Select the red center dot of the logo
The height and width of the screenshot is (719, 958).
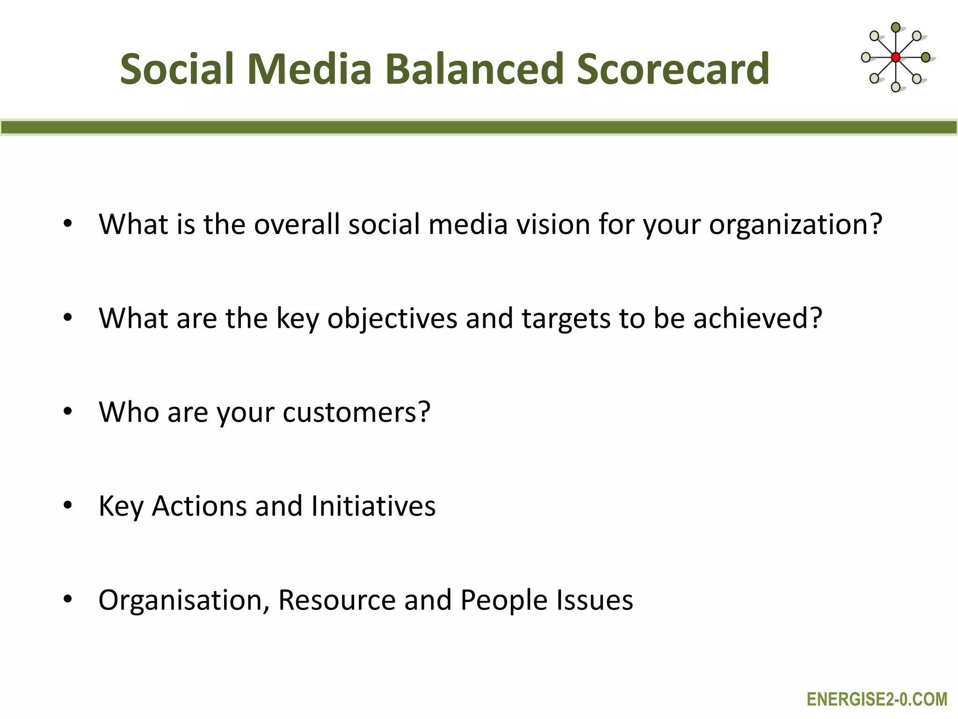(895, 58)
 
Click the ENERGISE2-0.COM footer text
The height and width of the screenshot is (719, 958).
(877, 699)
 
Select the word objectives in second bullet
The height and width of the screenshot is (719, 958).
(392, 319)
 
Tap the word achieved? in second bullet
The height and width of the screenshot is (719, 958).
(757, 318)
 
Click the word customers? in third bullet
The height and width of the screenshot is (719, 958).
(356, 412)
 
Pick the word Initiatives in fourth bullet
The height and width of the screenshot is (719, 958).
(373, 506)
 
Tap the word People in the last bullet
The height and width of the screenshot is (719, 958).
(504, 600)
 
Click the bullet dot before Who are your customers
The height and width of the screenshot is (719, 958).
(68, 412)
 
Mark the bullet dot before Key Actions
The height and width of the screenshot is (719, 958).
(68, 506)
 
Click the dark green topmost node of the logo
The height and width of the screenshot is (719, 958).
(895, 27)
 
